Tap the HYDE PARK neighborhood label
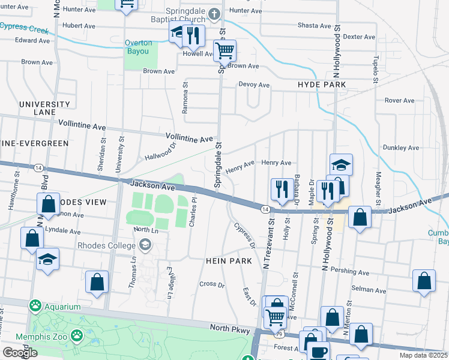[322, 85]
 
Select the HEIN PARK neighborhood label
[228, 261]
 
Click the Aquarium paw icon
[35, 307]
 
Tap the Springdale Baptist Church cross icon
[215, 13]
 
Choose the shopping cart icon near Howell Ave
[224, 52]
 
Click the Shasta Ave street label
[315, 26]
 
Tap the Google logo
[20, 352]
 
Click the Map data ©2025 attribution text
[424, 355]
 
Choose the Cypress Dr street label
[244, 237]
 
